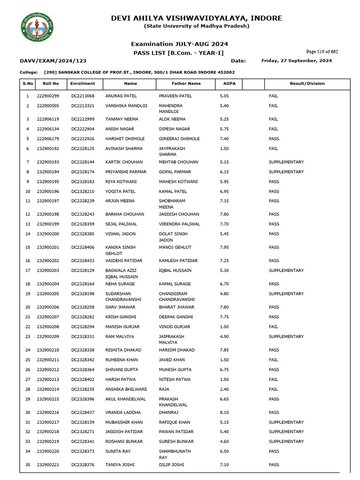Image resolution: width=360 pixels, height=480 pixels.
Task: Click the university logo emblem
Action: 37,27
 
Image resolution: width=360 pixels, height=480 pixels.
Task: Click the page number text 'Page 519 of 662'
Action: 322,52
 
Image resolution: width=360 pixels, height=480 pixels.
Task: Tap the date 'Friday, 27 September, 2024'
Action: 296,61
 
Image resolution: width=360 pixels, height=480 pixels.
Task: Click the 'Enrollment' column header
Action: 83,83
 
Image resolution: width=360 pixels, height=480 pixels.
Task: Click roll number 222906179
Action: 48,139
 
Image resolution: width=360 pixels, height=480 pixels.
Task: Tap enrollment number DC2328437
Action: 83,412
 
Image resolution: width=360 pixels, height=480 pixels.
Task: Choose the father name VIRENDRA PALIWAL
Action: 179,224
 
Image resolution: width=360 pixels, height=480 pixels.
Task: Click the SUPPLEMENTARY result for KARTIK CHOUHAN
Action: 286,162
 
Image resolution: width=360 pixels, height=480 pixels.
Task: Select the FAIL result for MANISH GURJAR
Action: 273,327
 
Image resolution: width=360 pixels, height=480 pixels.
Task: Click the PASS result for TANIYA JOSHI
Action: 274,465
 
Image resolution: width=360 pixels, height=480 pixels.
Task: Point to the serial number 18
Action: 28,284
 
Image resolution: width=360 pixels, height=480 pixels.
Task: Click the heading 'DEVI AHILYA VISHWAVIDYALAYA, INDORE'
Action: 196,18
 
